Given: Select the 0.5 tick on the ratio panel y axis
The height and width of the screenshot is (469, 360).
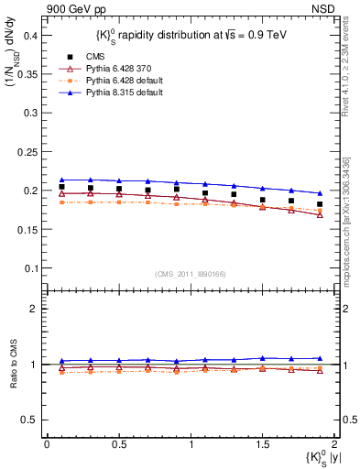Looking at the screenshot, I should [32, 420].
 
